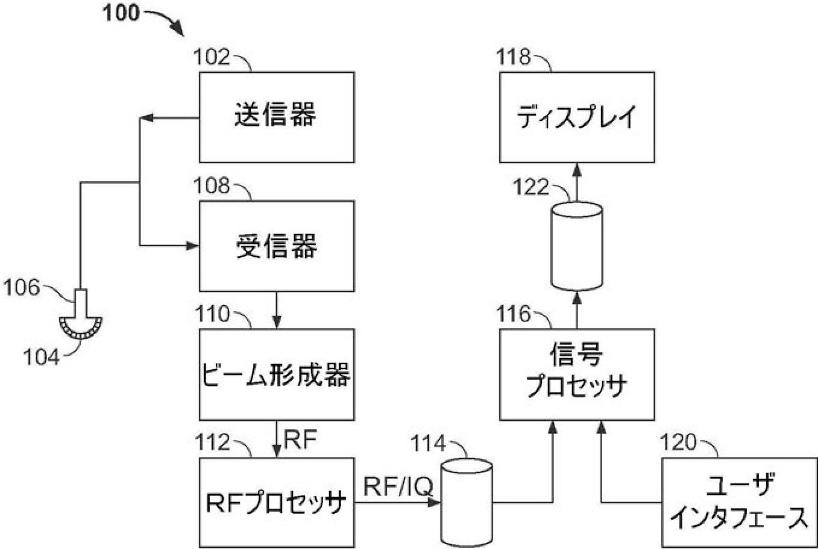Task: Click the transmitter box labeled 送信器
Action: [x=276, y=117]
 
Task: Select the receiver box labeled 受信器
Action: [x=276, y=246]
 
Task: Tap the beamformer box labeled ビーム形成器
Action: [x=276, y=374]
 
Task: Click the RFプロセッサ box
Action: [x=276, y=502]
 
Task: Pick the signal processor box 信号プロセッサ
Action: [x=577, y=374]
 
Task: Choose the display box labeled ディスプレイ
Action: [x=577, y=117]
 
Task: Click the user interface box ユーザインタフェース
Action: [x=739, y=502]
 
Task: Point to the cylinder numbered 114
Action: [x=467, y=502]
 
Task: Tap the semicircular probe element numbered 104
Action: [x=81, y=326]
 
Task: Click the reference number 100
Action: [x=121, y=13]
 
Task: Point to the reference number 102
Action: [x=212, y=58]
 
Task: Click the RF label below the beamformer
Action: [x=300, y=441]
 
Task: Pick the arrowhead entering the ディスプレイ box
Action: [x=577, y=169]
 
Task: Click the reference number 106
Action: [x=22, y=288]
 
